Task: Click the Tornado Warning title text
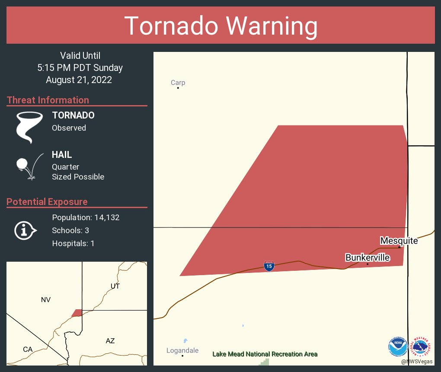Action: pyautogui.click(x=220, y=26)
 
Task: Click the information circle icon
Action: pyautogui.click(x=25, y=230)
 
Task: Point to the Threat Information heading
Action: pyautogui.click(x=48, y=100)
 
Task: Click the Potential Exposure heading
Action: pyautogui.click(x=47, y=202)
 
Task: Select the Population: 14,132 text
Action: pyautogui.click(x=86, y=217)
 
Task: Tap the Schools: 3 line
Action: pyautogui.click(x=70, y=230)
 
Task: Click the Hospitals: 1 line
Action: pyautogui.click(x=73, y=243)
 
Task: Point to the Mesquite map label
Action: pyautogui.click(x=399, y=241)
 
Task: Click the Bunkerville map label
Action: pyautogui.click(x=367, y=258)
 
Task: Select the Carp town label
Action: pyautogui.click(x=178, y=83)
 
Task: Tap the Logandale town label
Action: pyautogui.click(x=182, y=350)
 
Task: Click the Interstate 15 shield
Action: pyautogui.click(x=269, y=266)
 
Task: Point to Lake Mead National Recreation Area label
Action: pyautogui.click(x=265, y=354)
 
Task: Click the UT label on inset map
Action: pyautogui.click(x=115, y=286)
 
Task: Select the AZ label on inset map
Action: pyautogui.click(x=110, y=341)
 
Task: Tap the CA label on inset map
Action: pyautogui.click(x=28, y=349)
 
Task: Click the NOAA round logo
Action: pyautogui.click(x=398, y=346)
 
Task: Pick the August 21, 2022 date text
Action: pyautogui.click(x=79, y=80)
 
